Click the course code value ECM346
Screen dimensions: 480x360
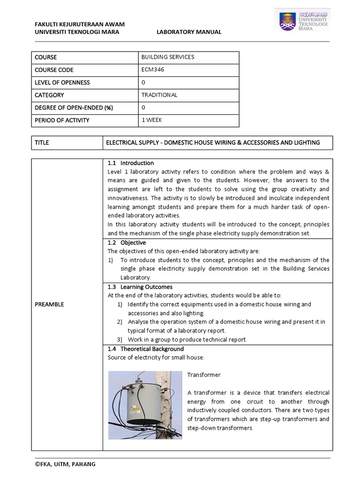pos(153,70)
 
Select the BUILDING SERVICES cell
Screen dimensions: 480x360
pos(167,57)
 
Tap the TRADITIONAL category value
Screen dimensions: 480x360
pos(159,95)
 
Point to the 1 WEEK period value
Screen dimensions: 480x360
pos(151,120)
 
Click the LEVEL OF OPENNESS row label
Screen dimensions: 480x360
pos(62,82)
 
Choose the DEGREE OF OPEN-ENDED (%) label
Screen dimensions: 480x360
pos(74,108)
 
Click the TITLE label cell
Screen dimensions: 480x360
pos(42,142)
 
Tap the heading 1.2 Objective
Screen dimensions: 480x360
pos(127,243)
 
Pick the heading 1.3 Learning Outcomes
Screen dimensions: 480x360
pos(140,287)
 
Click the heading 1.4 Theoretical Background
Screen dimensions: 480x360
pos(145,349)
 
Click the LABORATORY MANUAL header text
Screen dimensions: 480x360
pos(189,32)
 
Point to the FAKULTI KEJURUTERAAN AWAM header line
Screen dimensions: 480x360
pos(80,24)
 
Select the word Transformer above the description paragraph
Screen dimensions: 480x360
pos(204,375)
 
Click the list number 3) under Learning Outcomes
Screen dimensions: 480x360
pos(120,339)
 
